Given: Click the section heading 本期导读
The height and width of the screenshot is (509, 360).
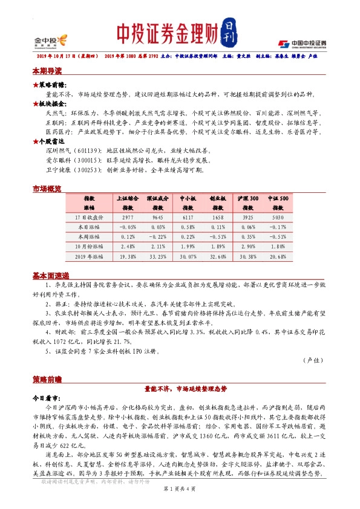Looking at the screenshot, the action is pyautogui.click(x=47, y=71).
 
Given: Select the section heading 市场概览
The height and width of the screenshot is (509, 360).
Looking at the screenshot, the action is pyautogui.click(x=47, y=189).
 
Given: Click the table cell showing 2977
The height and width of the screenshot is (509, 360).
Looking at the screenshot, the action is pyautogui.click(x=127, y=216).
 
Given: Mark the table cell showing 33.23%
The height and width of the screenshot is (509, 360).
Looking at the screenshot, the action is pyautogui.click(x=158, y=256).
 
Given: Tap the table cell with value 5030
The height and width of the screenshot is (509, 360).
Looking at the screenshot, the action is pyautogui.click(x=278, y=216).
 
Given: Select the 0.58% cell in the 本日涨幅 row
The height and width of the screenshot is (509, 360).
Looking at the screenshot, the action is pyautogui.click(x=188, y=226).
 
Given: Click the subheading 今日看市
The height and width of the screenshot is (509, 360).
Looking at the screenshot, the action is pyautogui.click(x=45, y=400).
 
